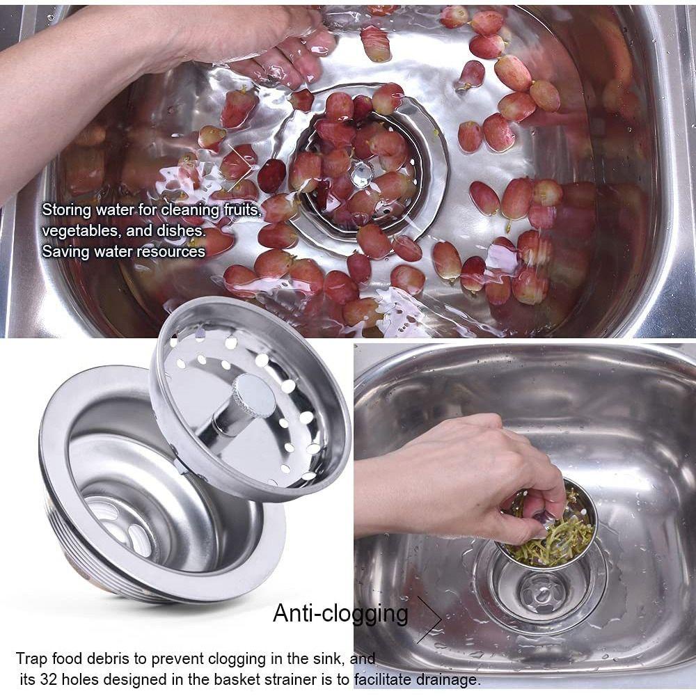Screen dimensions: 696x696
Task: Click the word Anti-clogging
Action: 340,613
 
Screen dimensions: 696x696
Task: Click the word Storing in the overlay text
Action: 65,209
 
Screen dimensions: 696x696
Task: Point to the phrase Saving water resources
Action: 123,251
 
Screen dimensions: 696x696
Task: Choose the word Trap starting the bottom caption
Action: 31,658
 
